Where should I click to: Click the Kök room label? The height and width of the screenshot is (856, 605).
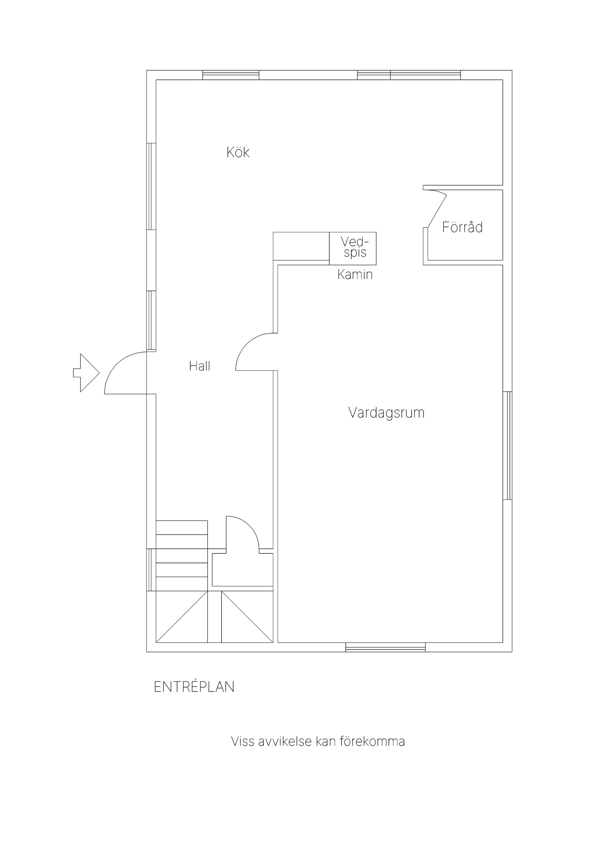(x=238, y=152)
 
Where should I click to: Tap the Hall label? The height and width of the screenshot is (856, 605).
(x=199, y=366)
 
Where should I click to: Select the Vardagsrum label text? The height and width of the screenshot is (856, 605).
(x=387, y=413)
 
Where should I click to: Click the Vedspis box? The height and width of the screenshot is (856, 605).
(x=353, y=248)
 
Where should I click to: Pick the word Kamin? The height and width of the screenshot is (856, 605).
(x=355, y=275)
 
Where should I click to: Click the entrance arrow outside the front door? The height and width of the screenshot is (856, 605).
(x=86, y=373)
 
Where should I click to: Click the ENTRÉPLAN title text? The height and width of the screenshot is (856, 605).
(x=194, y=687)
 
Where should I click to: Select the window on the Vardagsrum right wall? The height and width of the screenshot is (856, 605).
(x=507, y=446)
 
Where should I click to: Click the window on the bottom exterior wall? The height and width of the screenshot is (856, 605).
(x=385, y=647)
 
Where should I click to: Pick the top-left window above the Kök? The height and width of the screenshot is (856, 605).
(x=231, y=75)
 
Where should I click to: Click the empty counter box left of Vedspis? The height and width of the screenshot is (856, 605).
(x=301, y=246)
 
